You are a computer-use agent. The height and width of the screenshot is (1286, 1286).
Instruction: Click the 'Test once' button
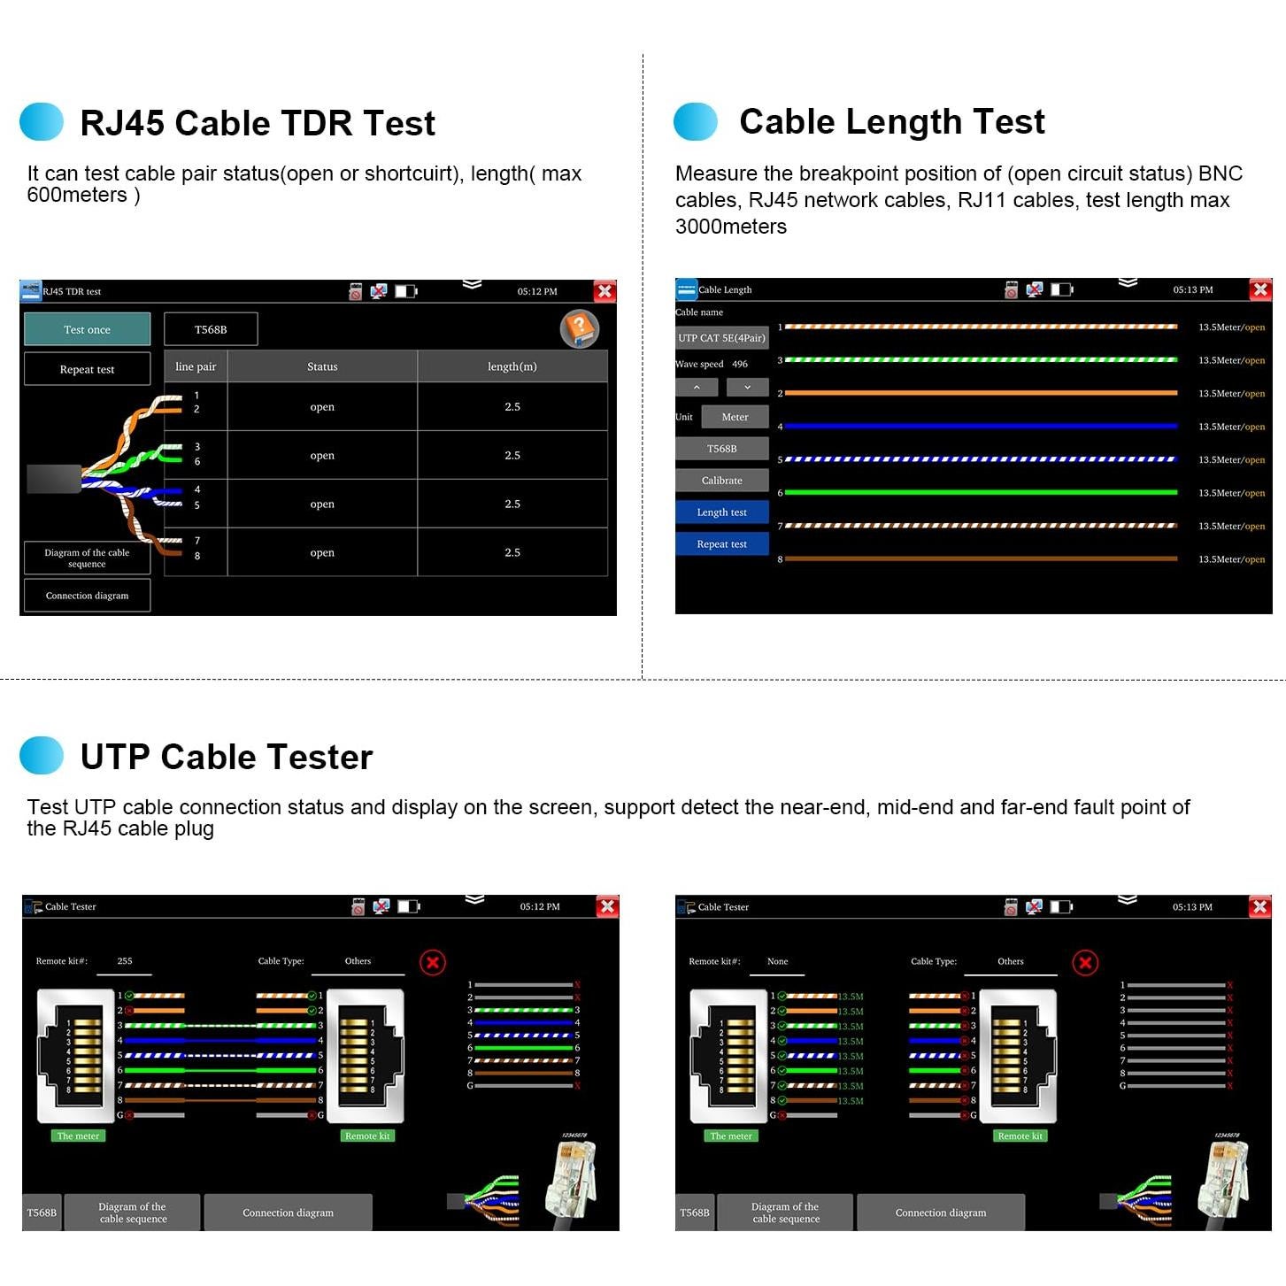point(87,329)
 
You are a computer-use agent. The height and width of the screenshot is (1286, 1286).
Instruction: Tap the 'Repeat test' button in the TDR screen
point(87,369)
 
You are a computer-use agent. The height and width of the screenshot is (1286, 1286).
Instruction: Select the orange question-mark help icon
point(580,328)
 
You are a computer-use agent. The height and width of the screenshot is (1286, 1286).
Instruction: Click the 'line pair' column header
point(196,366)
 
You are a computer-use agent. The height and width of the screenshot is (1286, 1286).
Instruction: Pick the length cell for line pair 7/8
point(512,552)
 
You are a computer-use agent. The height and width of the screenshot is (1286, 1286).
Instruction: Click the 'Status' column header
point(322,366)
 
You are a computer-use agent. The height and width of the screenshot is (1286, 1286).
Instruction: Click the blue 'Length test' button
point(721,512)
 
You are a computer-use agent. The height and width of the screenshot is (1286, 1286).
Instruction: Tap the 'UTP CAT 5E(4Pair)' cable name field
point(721,338)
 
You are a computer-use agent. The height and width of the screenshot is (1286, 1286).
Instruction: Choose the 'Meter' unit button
point(735,417)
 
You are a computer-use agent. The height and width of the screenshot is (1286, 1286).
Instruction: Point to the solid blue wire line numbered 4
point(981,427)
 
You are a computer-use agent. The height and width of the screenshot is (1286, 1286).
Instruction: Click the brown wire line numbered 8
point(981,559)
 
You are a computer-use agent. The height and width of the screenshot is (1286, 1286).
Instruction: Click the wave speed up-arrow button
point(697,387)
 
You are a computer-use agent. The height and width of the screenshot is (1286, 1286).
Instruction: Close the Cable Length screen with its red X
point(1260,289)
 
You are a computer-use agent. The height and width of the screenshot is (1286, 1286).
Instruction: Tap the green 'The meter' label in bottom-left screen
point(78,1136)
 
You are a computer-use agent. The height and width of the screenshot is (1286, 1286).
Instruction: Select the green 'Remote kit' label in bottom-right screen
point(1020,1136)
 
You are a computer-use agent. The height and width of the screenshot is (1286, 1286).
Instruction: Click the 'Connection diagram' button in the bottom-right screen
point(940,1213)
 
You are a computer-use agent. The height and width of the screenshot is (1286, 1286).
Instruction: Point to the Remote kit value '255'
point(125,960)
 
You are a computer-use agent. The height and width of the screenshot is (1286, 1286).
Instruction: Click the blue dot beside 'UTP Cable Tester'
point(42,756)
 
